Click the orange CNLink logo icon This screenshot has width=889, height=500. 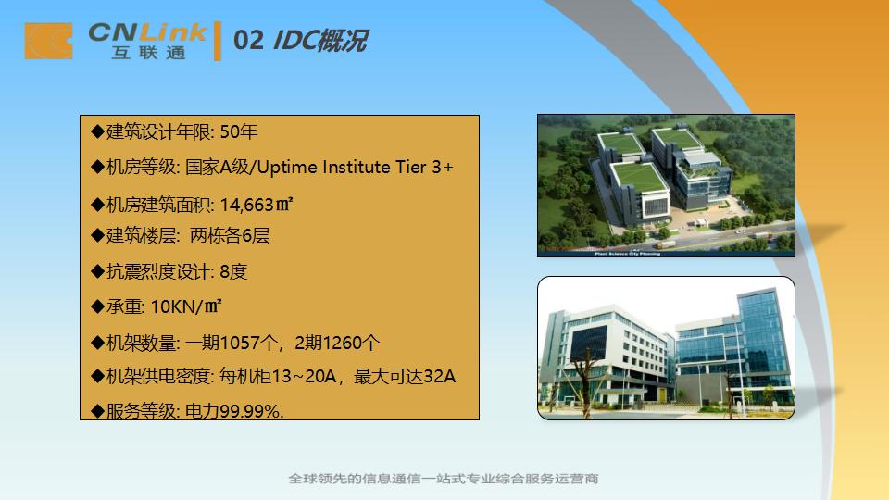[48, 42]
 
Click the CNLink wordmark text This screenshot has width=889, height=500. [147, 33]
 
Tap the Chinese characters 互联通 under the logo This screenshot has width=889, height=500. [148, 54]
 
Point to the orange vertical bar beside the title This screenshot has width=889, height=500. [218, 42]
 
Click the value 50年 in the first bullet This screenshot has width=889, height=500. [239, 131]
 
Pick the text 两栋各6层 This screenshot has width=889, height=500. [230, 236]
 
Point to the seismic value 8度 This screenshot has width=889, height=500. [233, 272]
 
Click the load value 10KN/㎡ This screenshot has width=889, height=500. [185, 306]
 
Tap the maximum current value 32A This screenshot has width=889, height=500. [439, 376]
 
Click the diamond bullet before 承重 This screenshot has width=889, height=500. [97, 306]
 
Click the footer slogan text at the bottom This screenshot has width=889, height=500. [444, 479]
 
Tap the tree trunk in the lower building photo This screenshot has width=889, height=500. [582, 389]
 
